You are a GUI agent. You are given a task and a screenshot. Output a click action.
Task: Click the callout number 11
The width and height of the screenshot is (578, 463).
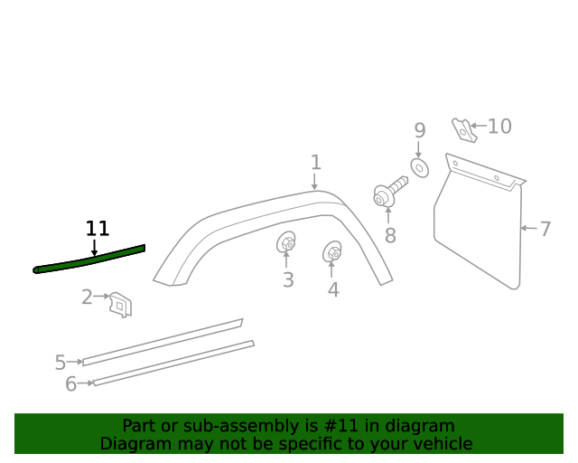coord(97,229)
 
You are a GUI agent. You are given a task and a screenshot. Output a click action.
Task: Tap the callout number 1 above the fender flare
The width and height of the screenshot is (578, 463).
coord(315,163)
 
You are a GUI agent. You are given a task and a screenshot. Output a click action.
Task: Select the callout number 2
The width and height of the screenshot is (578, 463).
coord(87,297)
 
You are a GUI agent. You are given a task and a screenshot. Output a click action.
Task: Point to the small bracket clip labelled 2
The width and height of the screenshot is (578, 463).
coord(121,304)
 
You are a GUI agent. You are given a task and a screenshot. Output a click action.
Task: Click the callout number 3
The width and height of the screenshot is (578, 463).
coord(288,280)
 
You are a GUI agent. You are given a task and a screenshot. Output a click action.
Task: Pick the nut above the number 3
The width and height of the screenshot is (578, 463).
coord(286,243)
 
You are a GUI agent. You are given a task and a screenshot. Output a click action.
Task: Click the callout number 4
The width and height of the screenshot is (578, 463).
coord(333,290)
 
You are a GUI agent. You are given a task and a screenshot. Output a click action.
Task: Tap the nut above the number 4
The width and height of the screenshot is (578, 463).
coord(332,252)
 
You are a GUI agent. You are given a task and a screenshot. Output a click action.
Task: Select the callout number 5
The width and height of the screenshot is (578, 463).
coord(60,363)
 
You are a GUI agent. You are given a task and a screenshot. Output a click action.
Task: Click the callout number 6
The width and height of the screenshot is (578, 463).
coord(70,384)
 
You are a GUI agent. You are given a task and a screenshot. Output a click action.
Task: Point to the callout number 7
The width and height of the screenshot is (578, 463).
coord(545,229)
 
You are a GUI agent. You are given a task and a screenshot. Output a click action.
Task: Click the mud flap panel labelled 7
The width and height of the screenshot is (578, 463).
coord(479,231)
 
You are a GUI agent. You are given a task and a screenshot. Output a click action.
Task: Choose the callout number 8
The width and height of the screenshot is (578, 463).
coord(390,236)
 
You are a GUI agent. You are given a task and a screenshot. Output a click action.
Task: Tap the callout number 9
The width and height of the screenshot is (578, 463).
coord(419,131)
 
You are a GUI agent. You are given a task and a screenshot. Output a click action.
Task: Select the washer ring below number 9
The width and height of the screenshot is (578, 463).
coord(419,167)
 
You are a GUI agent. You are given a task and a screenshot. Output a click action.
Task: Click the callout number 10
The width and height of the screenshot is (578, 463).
coord(499,127)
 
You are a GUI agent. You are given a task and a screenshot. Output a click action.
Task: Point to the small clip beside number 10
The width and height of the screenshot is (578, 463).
coord(463,130)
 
